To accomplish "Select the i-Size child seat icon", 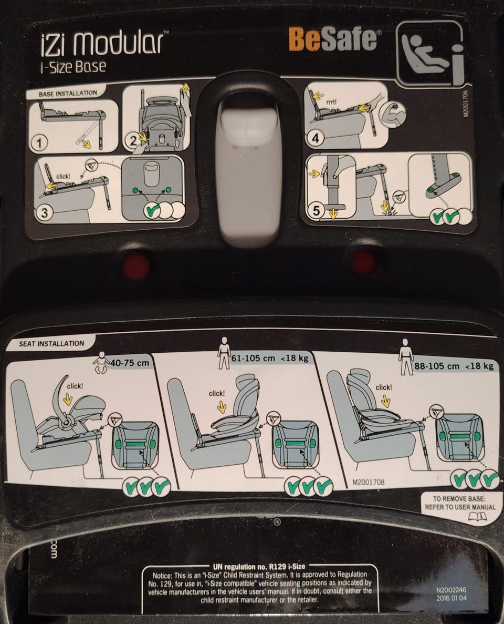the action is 430,53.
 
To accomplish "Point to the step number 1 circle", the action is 39,142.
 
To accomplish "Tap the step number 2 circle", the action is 133,140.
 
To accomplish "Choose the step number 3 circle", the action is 44,212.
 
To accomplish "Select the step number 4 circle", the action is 315,138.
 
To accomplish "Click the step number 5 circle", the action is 316,210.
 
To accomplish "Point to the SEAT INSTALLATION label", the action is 51,343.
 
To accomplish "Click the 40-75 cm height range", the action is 130,363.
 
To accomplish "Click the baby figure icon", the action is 101,362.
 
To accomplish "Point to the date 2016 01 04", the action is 451,598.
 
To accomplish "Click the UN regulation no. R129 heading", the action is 259,567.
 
